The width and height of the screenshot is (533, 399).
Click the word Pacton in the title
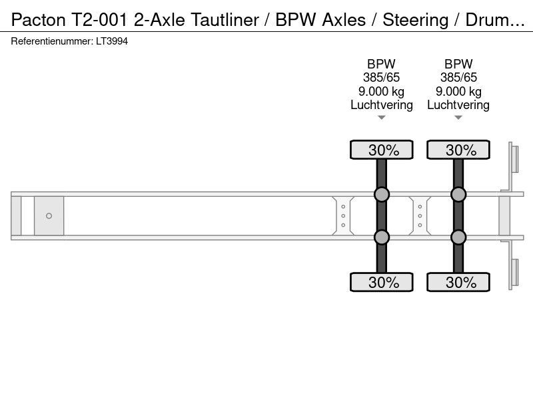(39, 20)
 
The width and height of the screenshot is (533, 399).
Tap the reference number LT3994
(112, 41)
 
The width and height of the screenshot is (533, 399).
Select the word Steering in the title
(415, 20)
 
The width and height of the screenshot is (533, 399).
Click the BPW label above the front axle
(381, 64)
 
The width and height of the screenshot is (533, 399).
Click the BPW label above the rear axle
(458, 64)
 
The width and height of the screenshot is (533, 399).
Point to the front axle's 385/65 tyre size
(381, 77)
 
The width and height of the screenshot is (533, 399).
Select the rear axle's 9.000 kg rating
(458, 91)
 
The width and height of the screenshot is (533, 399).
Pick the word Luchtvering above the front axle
(381, 105)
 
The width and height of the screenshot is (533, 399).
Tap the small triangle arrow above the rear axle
(458, 118)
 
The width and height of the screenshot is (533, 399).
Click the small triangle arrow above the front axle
(381, 118)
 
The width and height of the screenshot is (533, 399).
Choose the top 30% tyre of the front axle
(381, 150)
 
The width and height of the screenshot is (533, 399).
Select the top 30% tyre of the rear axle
(458, 150)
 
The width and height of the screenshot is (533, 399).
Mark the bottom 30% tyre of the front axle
(381, 282)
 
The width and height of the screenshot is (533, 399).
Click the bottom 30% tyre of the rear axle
(458, 282)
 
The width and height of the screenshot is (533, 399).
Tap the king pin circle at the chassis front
(49, 215)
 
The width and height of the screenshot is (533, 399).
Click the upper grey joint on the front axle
(381, 194)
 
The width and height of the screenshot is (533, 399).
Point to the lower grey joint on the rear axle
(458, 237)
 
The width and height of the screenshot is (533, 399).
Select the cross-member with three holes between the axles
(420, 215)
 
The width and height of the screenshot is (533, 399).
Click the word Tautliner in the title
(225, 20)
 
